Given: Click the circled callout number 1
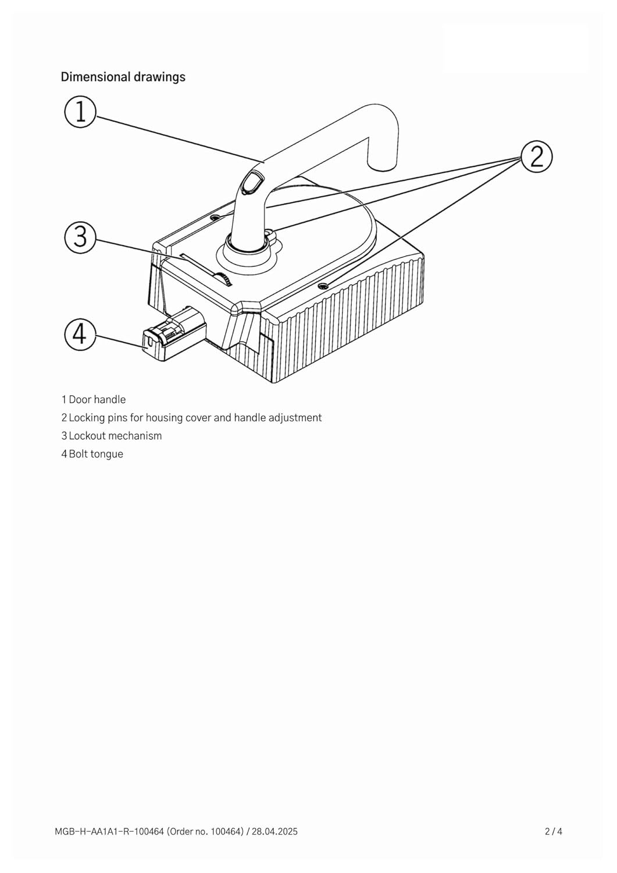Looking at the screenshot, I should pos(80,111).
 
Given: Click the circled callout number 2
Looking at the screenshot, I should pos(536,157).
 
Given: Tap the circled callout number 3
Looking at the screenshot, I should pos(80,236).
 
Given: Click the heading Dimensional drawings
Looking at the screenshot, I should pos(123,77).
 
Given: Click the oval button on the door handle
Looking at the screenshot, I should pos(252,183).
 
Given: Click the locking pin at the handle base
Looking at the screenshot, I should pos(269,233).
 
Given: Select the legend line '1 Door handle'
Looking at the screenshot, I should pos(94,399).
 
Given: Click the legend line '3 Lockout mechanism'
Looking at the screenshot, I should pos(112,435).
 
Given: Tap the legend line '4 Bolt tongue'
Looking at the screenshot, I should pos(92,454).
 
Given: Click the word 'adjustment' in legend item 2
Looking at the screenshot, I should pos(295,417).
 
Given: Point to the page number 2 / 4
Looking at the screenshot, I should pos(553,832).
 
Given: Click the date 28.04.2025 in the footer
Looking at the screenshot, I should pos(274,832).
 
